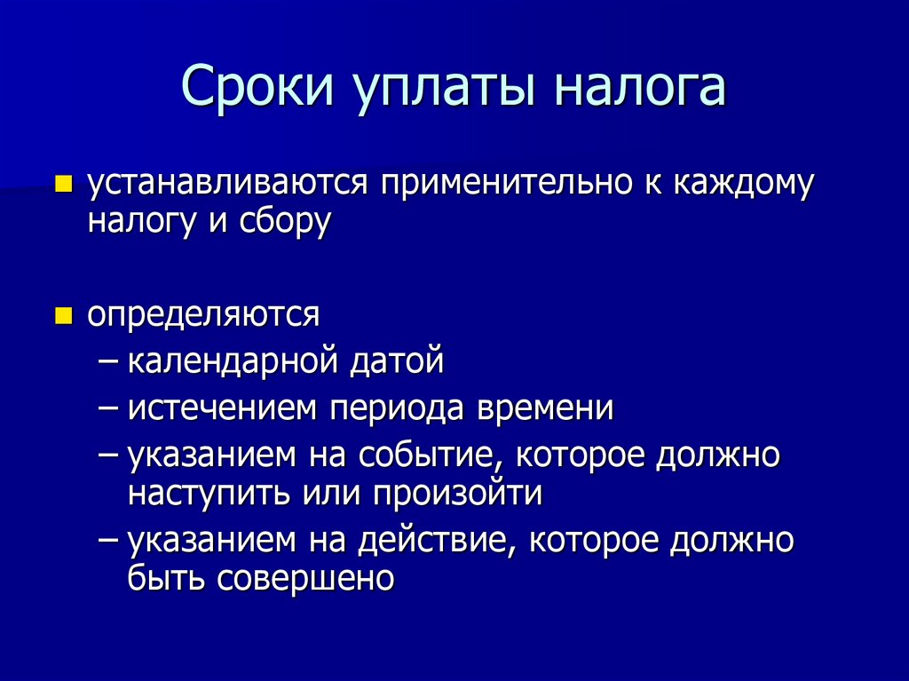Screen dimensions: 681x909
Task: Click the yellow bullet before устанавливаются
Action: pos(62,185)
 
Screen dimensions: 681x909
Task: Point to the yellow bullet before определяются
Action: pos(62,316)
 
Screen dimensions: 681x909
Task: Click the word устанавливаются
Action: pos(227,184)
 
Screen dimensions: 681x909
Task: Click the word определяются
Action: pos(203,316)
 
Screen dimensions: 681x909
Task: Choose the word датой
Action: pos(396,361)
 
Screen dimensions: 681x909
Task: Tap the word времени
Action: pos(545,409)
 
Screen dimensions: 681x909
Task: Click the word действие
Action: pos(431,541)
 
